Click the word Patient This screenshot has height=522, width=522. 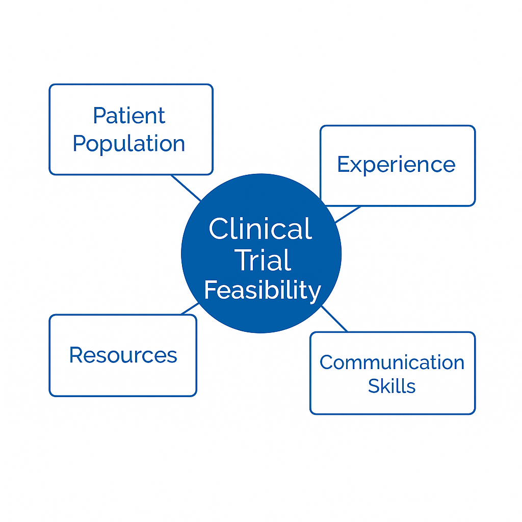pos(129,116)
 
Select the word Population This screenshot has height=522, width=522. pos(129,144)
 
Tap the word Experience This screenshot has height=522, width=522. pos(396,165)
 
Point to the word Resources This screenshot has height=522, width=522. pos(123,355)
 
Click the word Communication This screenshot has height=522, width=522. pos(392,362)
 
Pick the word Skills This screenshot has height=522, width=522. pos(392,386)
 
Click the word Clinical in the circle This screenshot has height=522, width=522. pos(260,228)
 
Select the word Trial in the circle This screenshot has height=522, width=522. pos(263,260)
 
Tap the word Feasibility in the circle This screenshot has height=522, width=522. pos(263,291)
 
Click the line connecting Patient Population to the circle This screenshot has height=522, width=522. pos(186,188)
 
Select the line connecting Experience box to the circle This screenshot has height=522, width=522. pos(348,215)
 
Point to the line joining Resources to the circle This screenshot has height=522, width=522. pos(190,308)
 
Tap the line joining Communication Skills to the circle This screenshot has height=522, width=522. pos(334,319)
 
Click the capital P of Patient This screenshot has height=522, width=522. pos(99,116)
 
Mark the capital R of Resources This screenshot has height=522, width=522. pos(76,355)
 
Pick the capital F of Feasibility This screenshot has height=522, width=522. pos(211,290)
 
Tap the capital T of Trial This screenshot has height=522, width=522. pos(244,260)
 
